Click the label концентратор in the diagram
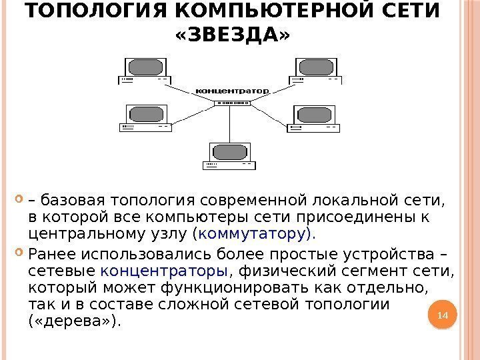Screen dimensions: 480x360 (231, 89)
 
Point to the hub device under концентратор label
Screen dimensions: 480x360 (231, 103)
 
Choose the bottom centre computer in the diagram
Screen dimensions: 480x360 (230, 156)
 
